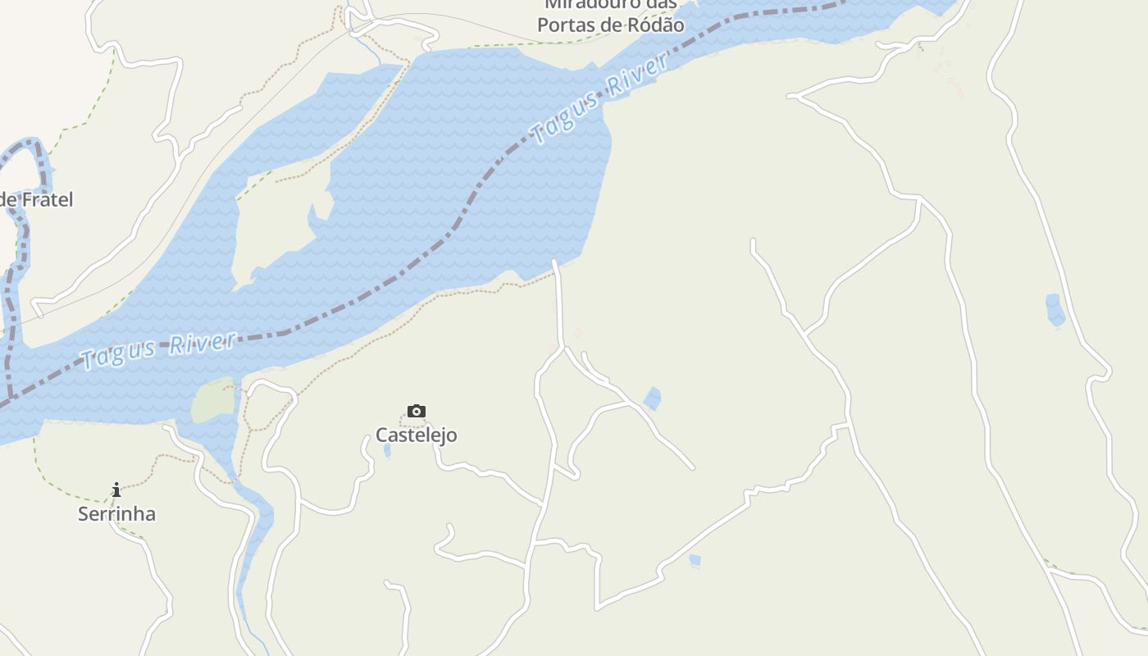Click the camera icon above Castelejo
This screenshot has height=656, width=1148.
pos(417,411)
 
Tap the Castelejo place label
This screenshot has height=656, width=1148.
pos(417,435)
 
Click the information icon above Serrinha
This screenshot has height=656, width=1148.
pos(116,490)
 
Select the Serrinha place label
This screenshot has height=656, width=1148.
pos(116,514)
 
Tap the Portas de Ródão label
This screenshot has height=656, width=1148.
pos(610,25)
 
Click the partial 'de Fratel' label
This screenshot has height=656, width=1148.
pos(37,199)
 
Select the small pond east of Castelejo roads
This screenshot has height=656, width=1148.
pos(653,399)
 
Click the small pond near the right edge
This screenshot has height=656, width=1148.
pos(1055,310)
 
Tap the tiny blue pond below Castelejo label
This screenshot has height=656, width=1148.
pos(387,450)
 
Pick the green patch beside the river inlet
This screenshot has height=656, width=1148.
pos(213,401)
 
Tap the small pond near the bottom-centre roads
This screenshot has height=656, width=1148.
pos(695,561)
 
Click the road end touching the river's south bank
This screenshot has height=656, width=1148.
pos(556,264)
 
